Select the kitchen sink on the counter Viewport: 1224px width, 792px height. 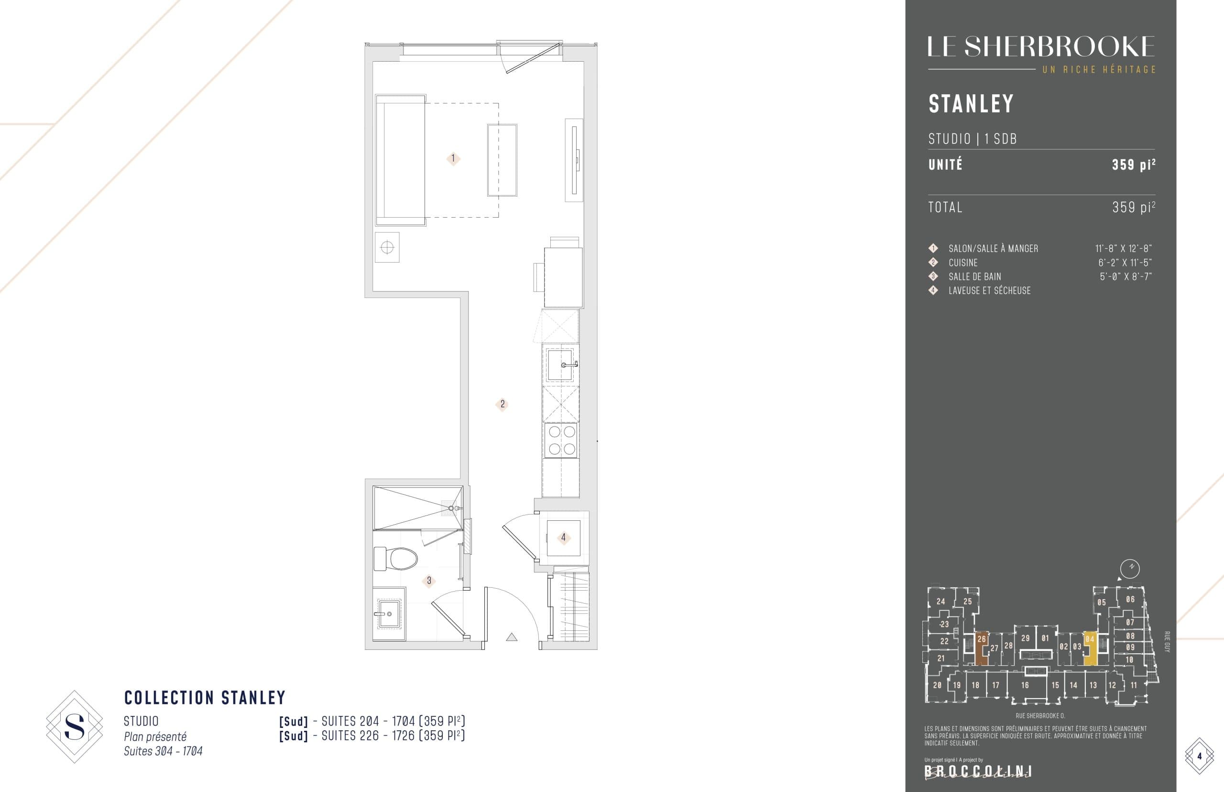click(560, 364)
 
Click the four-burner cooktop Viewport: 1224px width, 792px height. click(561, 440)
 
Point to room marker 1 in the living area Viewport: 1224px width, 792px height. click(453, 158)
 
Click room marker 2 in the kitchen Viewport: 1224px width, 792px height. click(502, 404)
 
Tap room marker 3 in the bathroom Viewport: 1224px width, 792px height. click(429, 581)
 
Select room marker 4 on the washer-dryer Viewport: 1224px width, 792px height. click(563, 538)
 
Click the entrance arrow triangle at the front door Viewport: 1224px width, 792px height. click(512, 637)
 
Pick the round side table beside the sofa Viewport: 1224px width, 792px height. click(387, 248)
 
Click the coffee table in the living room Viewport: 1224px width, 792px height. click(502, 160)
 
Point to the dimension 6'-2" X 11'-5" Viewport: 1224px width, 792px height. click(1125, 263)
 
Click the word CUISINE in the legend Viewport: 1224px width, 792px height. click(963, 263)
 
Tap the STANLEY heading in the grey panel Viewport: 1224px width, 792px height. click(971, 104)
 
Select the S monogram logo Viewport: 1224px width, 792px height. click(75, 726)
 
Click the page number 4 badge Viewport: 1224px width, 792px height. click(1199, 757)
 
